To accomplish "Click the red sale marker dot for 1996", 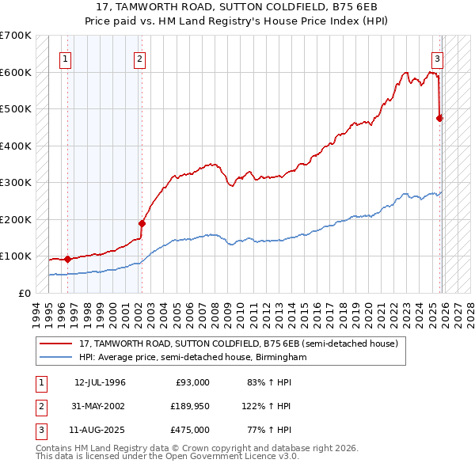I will [x=67, y=258].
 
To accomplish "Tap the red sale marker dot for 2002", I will [x=142, y=223].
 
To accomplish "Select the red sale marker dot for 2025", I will [x=439, y=118].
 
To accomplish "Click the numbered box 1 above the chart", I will [x=65, y=58].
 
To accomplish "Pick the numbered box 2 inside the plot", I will [x=139, y=58].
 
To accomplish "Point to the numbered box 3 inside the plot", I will [x=437, y=58].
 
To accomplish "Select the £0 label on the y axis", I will [x=25, y=293].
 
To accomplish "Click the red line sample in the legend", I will [x=57, y=344].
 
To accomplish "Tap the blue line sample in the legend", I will [x=57, y=357].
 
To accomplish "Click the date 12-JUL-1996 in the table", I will [x=100, y=382].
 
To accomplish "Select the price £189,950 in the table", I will [x=188, y=406].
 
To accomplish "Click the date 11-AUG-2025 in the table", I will [x=101, y=430].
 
